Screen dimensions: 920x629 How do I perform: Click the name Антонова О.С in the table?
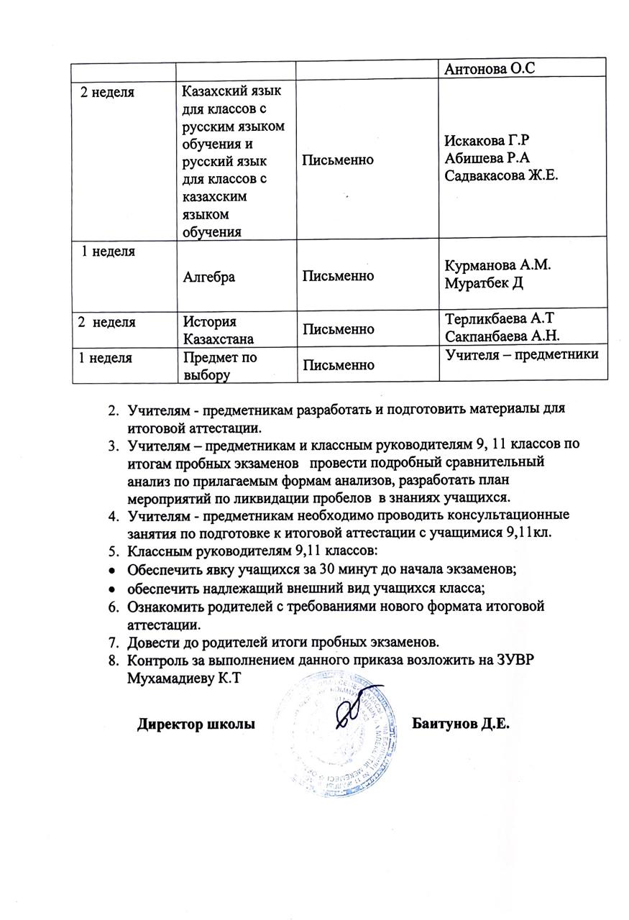point(492,68)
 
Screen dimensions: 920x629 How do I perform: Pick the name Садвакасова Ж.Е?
point(502,176)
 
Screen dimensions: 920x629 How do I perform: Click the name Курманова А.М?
point(498,264)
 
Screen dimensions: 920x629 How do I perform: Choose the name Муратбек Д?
point(484,282)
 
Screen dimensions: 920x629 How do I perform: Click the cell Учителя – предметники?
point(522,354)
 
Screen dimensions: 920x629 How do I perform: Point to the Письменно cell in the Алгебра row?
point(338,276)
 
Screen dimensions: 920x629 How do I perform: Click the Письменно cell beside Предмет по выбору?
point(338,366)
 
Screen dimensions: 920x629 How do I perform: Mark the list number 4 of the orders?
point(113,515)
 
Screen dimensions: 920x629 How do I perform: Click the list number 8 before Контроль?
point(113,660)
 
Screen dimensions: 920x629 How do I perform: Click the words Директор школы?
point(196,724)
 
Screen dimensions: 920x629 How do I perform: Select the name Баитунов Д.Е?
point(460,723)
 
